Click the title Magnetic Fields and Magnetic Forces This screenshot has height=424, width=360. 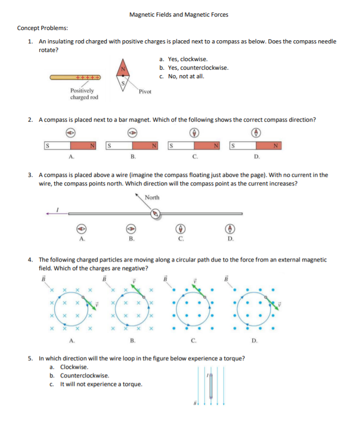[x=179, y=14]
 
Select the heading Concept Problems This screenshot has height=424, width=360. [x=42, y=28]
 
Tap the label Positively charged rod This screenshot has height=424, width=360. [x=82, y=94]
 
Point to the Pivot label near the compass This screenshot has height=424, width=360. [x=145, y=92]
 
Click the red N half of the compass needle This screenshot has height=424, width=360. [x=124, y=68]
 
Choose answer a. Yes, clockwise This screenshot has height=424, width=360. [x=183, y=59]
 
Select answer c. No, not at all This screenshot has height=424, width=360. [x=181, y=76]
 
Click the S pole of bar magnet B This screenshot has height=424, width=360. [x=109, y=145]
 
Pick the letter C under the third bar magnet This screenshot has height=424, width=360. [x=194, y=157]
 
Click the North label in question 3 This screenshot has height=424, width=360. [x=152, y=197]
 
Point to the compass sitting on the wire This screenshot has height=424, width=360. [x=155, y=214]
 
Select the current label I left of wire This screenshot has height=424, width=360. [x=60, y=207]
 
